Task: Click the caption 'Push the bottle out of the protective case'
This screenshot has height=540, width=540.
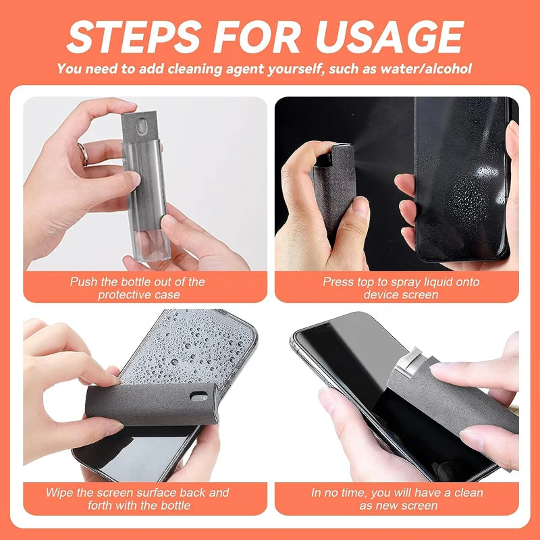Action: [x=137, y=288]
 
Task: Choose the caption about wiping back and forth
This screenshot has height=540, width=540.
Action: [x=137, y=498]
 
